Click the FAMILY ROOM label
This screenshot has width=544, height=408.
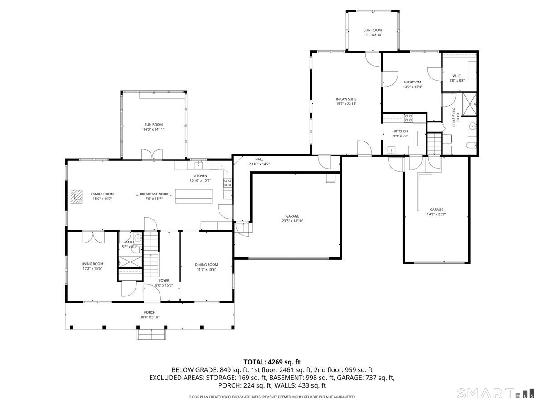102,194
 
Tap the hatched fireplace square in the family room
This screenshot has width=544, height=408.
76,196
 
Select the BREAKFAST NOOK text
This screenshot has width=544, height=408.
154,194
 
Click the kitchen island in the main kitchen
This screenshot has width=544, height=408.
194,196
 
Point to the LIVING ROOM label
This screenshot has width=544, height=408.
92,264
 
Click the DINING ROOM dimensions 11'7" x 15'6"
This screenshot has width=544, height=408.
206,269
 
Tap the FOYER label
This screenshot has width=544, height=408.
164,281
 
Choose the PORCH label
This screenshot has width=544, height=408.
150,312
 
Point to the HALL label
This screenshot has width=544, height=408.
259,159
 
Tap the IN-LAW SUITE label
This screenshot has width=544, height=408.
346,99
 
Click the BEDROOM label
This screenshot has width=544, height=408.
413,82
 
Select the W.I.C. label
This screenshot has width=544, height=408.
457,76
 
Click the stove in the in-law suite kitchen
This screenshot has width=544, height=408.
408,118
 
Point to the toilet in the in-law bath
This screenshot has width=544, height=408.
471,145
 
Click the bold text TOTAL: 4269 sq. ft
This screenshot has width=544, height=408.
272,362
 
